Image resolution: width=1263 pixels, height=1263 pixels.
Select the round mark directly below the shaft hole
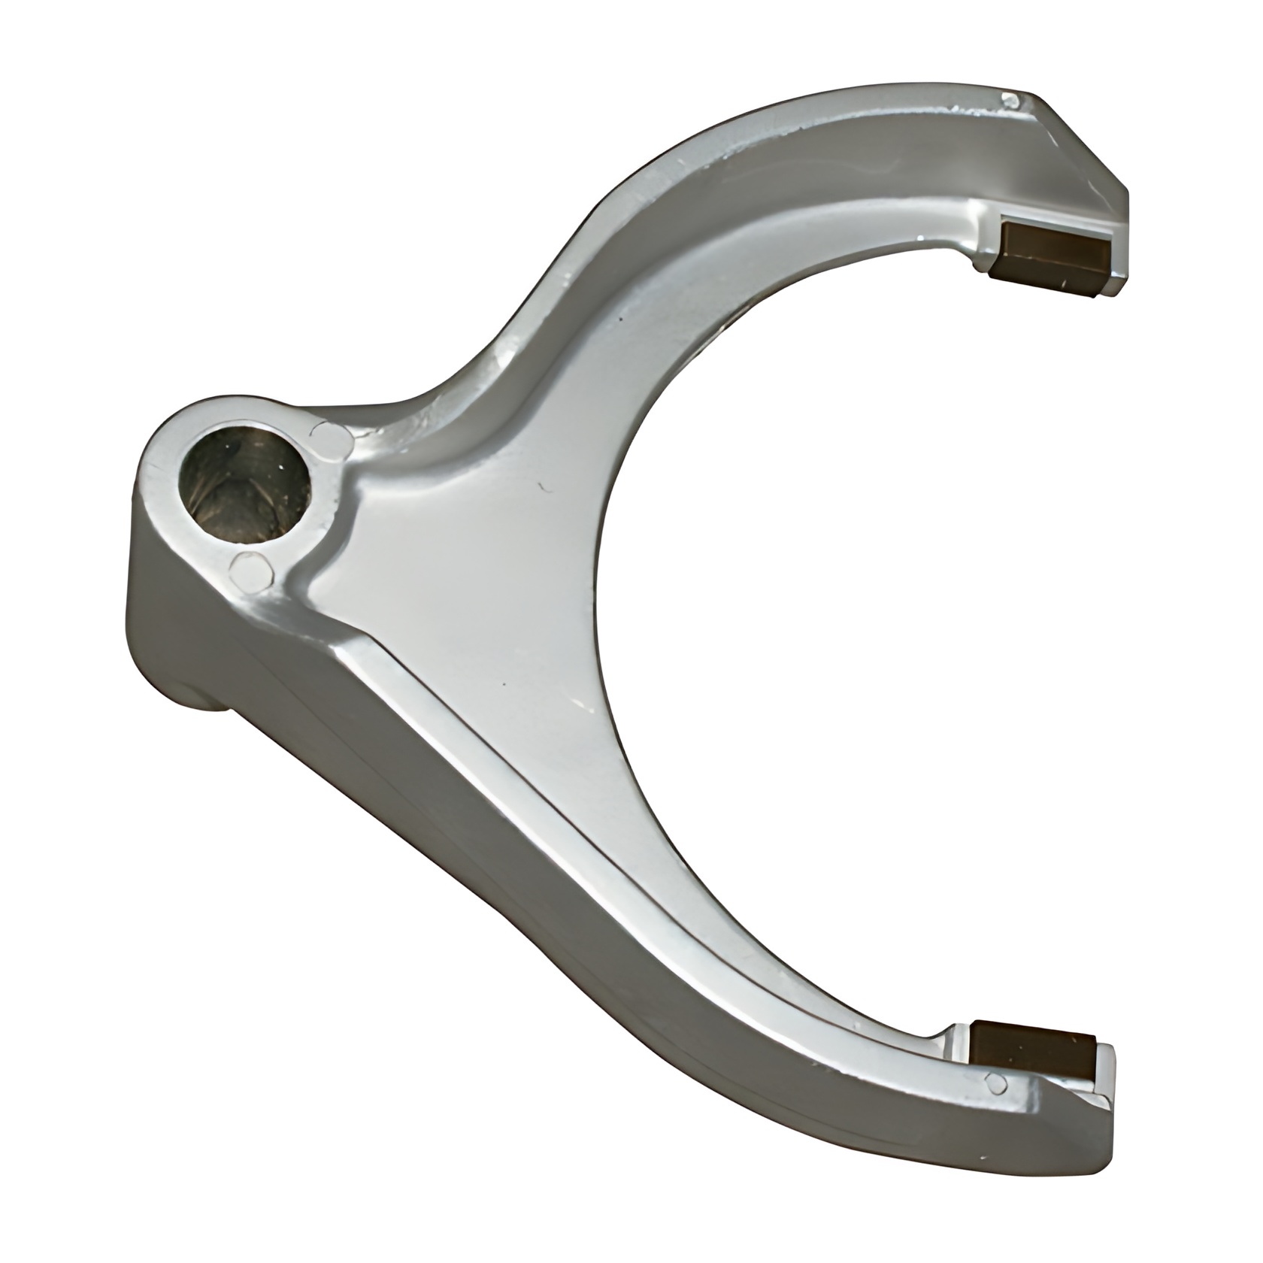[250, 569]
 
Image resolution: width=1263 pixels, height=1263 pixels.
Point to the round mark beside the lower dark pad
[997, 1083]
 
